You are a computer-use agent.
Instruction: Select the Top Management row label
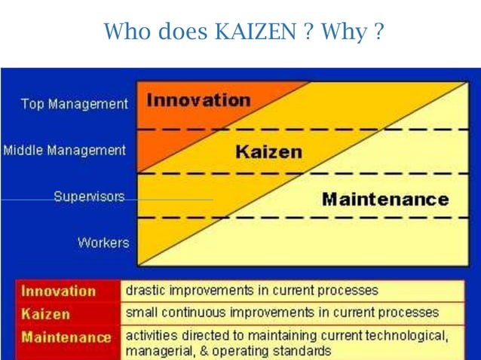tap(74, 105)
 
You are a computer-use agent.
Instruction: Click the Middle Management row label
tap(65, 151)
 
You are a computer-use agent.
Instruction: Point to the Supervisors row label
tap(89, 197)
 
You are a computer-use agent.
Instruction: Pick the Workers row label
tap(103, 243)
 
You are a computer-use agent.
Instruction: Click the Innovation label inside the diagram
tap(198, 100)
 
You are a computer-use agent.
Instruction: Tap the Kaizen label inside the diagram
tap(268, 151)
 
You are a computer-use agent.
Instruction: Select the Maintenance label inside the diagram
tap(384, 200)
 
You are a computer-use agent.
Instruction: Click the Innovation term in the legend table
tap(59, 291)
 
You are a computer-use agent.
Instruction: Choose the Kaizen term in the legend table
tap(46, 313)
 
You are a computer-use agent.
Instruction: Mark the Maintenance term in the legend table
tap(66, 337)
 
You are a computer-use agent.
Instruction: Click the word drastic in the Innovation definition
tap(143, 290)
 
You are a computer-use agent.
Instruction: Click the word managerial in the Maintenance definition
tap(155, 351)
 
